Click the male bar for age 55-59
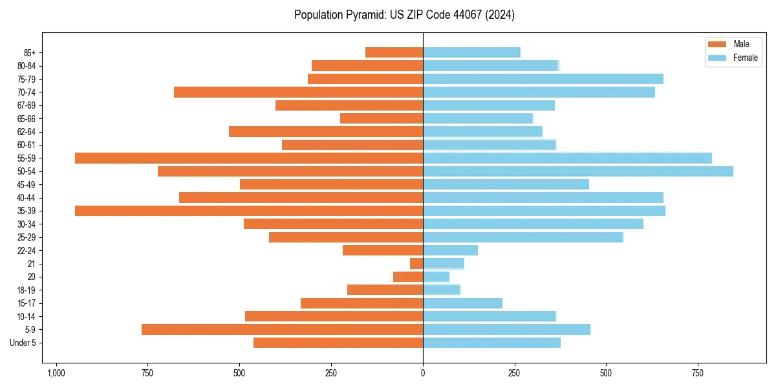(x=249, y=158)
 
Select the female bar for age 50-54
(x=577, y=171)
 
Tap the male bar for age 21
(x=416, y=264)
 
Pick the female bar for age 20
(x=436, y=277)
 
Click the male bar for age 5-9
(x=282, y=330)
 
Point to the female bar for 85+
(x=471, y=52)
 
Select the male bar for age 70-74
(x=298, y=92)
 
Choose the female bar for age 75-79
(x=543, y=79)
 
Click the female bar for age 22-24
(x=450, y=250)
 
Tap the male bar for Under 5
(x=338, y=343)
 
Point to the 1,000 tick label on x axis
(x=56, y=373)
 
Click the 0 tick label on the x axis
(x=423, y=373)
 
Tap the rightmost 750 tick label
(x=697, y=373)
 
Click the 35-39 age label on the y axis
(x=27, y=211)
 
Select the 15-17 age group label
(x=27, y=303)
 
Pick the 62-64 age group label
(x=27, y=132)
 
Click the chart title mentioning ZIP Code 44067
(x=404, y=15)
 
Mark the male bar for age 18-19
(x=385, y=290)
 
